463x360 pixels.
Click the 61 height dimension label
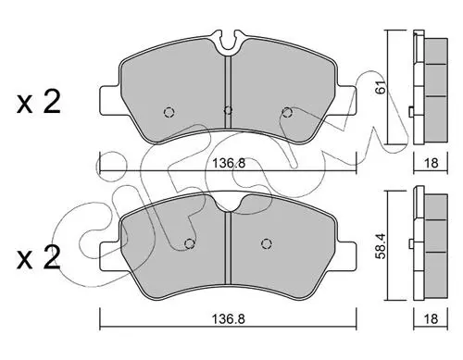[x=382, y=87]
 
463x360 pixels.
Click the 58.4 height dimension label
[x=382, y=246]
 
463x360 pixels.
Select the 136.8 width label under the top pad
[x=229, y=163]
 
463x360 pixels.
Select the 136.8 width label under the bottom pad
[x=229, y=319]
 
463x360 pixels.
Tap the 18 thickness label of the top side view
[x=431, y=163]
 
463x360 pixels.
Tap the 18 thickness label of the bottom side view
[x=431, y=318]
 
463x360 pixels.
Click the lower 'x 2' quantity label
[x=39, y=258]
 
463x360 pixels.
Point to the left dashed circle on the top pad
[x=169, y=112]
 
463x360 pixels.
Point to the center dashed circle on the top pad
[x=228, y=110]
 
